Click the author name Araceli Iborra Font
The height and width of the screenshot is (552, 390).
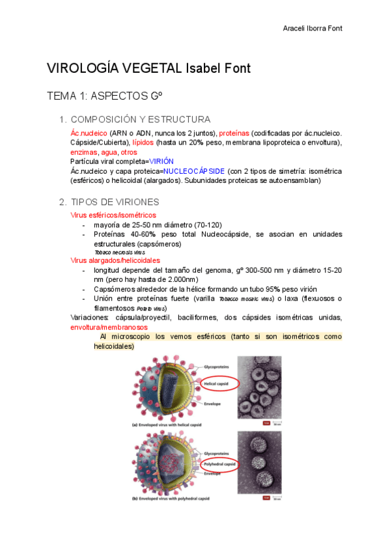313,29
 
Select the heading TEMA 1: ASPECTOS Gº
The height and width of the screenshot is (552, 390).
104,96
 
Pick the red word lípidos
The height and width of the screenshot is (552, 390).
143,143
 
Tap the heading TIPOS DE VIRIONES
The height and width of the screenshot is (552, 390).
114,202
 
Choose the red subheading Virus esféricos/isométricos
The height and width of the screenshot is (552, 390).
113,215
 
